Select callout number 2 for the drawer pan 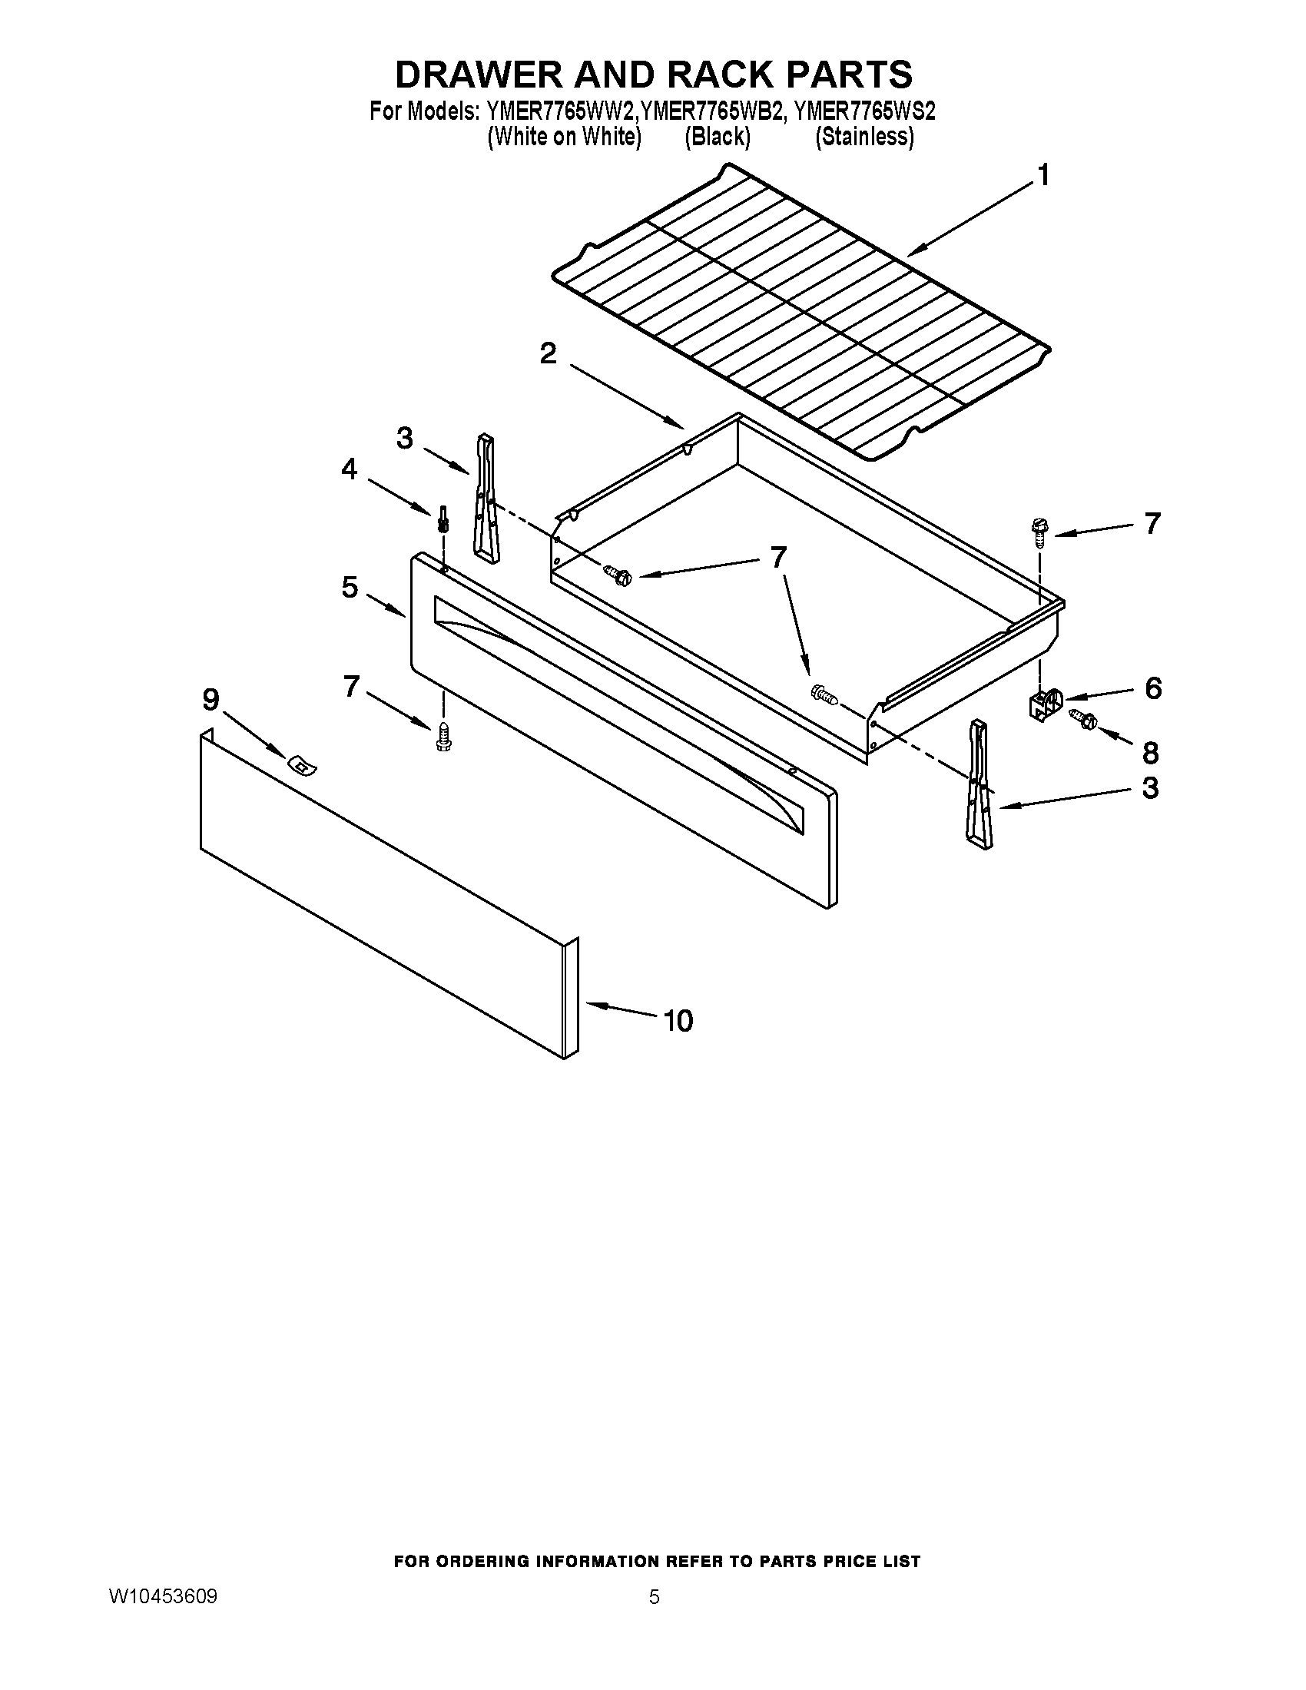[548, 354]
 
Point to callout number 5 [350, 588]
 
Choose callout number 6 [1153, 688]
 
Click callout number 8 [1151, 752]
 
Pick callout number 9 [210, 701]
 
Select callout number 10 [678, 1021]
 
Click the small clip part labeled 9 [303, 765]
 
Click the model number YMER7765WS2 [864, 112]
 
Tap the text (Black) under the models [718, 137]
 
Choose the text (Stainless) [864, 137]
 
